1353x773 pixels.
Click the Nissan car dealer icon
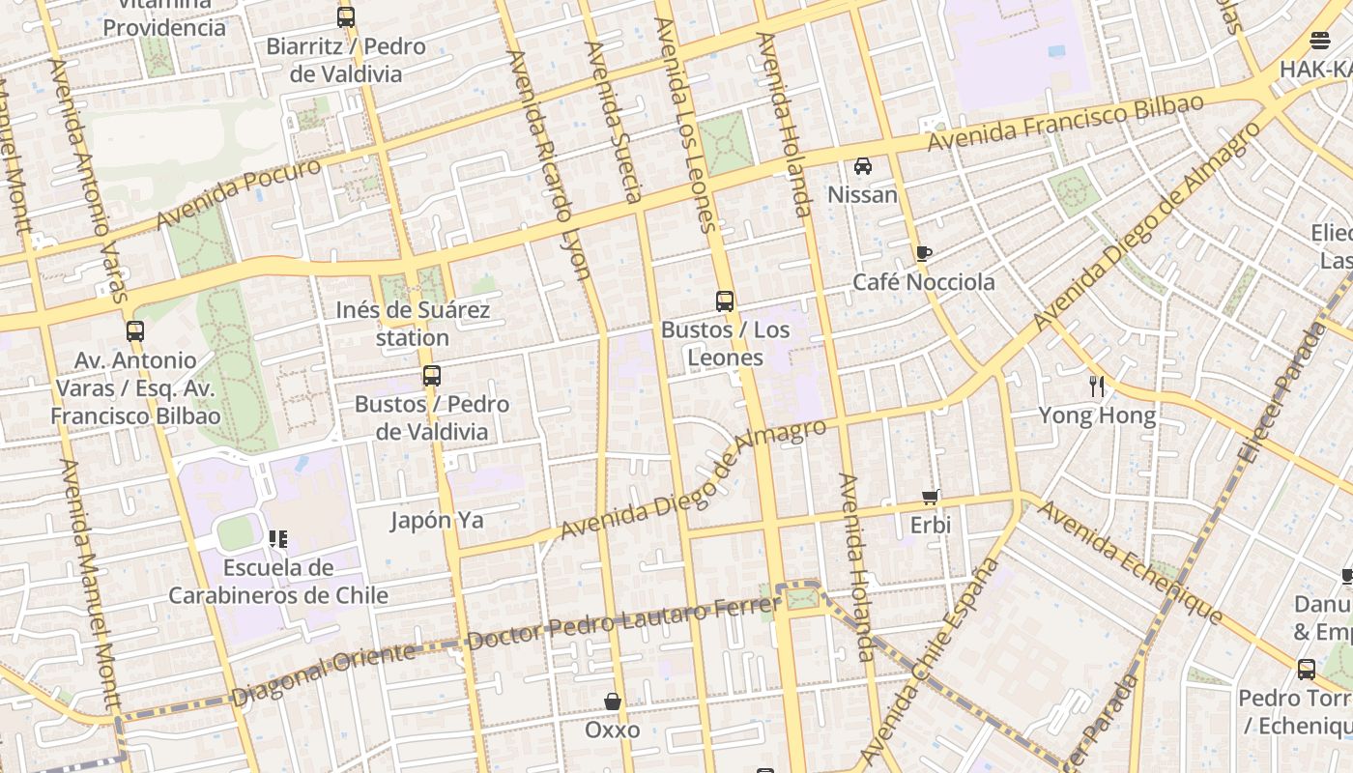863,166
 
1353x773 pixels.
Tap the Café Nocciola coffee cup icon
923,254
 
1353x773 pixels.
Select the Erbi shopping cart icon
931,497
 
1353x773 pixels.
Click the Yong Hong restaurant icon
1097,386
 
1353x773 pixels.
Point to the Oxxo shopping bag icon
613,701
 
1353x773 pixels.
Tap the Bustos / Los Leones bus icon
725,301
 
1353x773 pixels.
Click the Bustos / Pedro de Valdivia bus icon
432,376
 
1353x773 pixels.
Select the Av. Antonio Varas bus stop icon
135,331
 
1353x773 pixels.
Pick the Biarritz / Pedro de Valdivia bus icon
346,17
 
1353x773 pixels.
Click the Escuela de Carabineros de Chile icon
278,538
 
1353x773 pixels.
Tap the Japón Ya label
437,520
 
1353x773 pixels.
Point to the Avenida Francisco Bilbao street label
1065,122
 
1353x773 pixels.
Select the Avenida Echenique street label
1130,562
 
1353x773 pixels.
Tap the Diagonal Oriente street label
324,673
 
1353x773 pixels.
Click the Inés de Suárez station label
413,324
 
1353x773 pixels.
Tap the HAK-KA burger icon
1320,41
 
